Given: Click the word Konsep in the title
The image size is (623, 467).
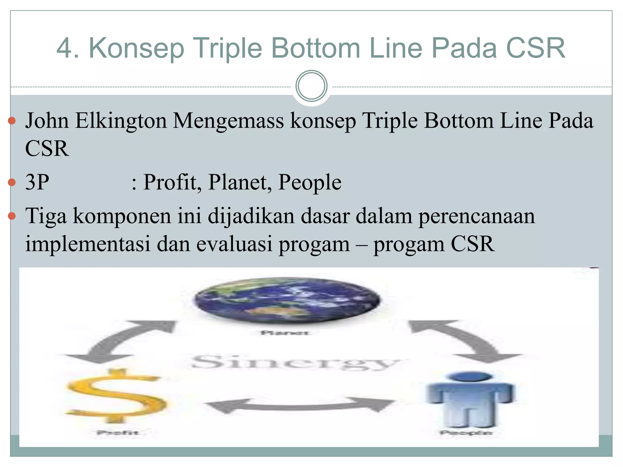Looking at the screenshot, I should [x=136, y=49].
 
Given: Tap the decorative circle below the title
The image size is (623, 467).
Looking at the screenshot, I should [x=311, y=86].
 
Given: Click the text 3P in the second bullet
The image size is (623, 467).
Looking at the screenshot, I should [x=37, y=182].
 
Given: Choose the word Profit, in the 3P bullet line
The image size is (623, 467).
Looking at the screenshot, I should [x=172, y=182].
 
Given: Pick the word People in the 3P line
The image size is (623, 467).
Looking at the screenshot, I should [x=310, y=182].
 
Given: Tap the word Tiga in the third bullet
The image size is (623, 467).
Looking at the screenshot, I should [x=46, y=216].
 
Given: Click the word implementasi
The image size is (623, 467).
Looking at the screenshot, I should [x=88, y=244].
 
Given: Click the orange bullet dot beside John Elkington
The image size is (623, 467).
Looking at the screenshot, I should [x=12, y=121].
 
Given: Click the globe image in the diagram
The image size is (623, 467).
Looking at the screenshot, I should [x=287, y=300].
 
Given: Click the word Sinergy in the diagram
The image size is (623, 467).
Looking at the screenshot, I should [x=295, y=362].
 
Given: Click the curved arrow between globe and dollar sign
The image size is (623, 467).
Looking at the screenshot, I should [x=122, y=341].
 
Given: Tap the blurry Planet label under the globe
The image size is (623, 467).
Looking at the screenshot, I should [x=285, y=333].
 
